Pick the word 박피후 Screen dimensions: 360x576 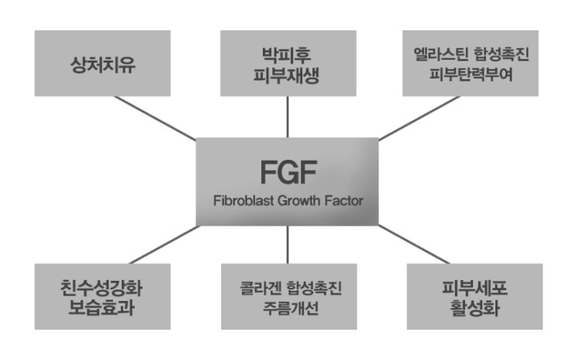pyautogui.click(x=288, y=55)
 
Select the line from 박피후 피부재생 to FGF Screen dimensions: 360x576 pyautogui.click(x=288, y=117)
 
